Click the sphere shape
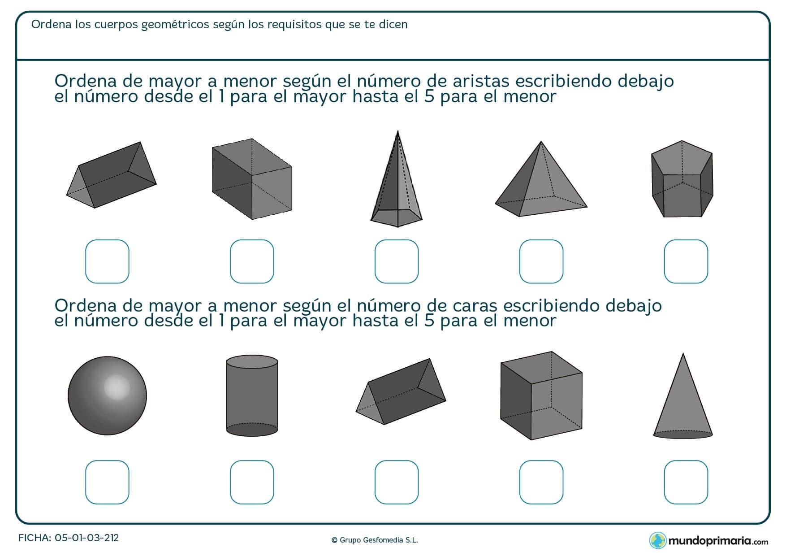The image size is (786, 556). pyautogui.click(x=107, y=395)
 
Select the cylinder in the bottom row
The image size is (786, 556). pyautogui.click(x=252, y=396)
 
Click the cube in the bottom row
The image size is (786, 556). pyautogui.click(x=541, y=395)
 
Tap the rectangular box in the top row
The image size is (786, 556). pyautogui.click(x=251, y=179)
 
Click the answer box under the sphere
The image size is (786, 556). pyautogui.click(x=107, y=482)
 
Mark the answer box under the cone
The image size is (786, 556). pyautogui.click(x=686, y=482)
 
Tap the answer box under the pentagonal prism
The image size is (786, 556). pyautogui.click(x=686, y=261)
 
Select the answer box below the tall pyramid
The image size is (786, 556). pyautogui.click(x=397, y=261)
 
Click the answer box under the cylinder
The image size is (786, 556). pyautogui.click(x=252, y=482)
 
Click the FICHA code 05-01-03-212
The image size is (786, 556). pyautogui.click(x=86, y=538)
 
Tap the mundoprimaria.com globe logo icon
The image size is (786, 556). pyautogui.click(x=658, y=540)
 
